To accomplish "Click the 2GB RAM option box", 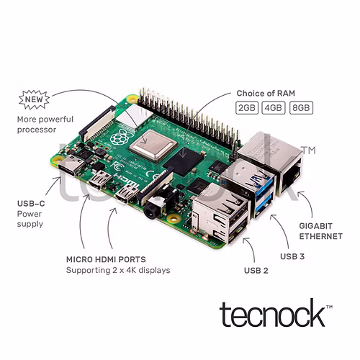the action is click(x=247, y=108).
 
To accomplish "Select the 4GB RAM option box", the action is click(x=274, y=108).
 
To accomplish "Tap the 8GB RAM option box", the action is click(x=301, y=108).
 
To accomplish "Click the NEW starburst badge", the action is click(x=34, y=99).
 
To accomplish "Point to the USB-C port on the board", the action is click(x=72, y=166).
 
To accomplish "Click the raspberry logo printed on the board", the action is click(x=119, y=137).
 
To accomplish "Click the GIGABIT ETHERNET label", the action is click(x=320, y=231).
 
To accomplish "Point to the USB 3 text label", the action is click(x=292, y=256).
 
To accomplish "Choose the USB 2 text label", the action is click(x=256, y=271).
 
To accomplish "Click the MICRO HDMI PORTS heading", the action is click(x=106, y=259).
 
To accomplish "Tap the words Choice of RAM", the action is click(x=266, y=93).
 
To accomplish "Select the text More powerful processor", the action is click(x=45, y=125).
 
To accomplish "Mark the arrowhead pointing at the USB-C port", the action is click(x=58, y=179).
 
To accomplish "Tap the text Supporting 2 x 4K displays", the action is click(x=118, y=270).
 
